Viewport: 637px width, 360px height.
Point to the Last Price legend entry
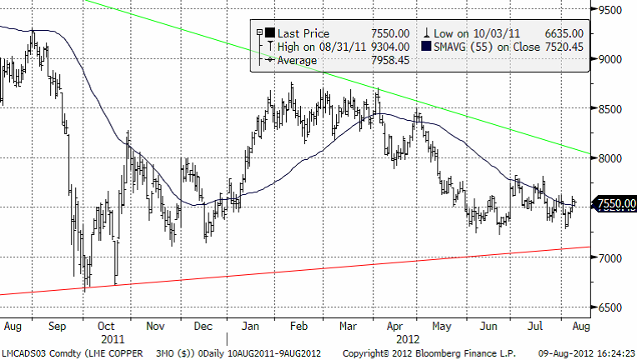click(x=305, y=33)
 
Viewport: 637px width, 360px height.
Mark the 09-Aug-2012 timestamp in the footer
click(x=566, y=353)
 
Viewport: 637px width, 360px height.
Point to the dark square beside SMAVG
click(x=426, y=47)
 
